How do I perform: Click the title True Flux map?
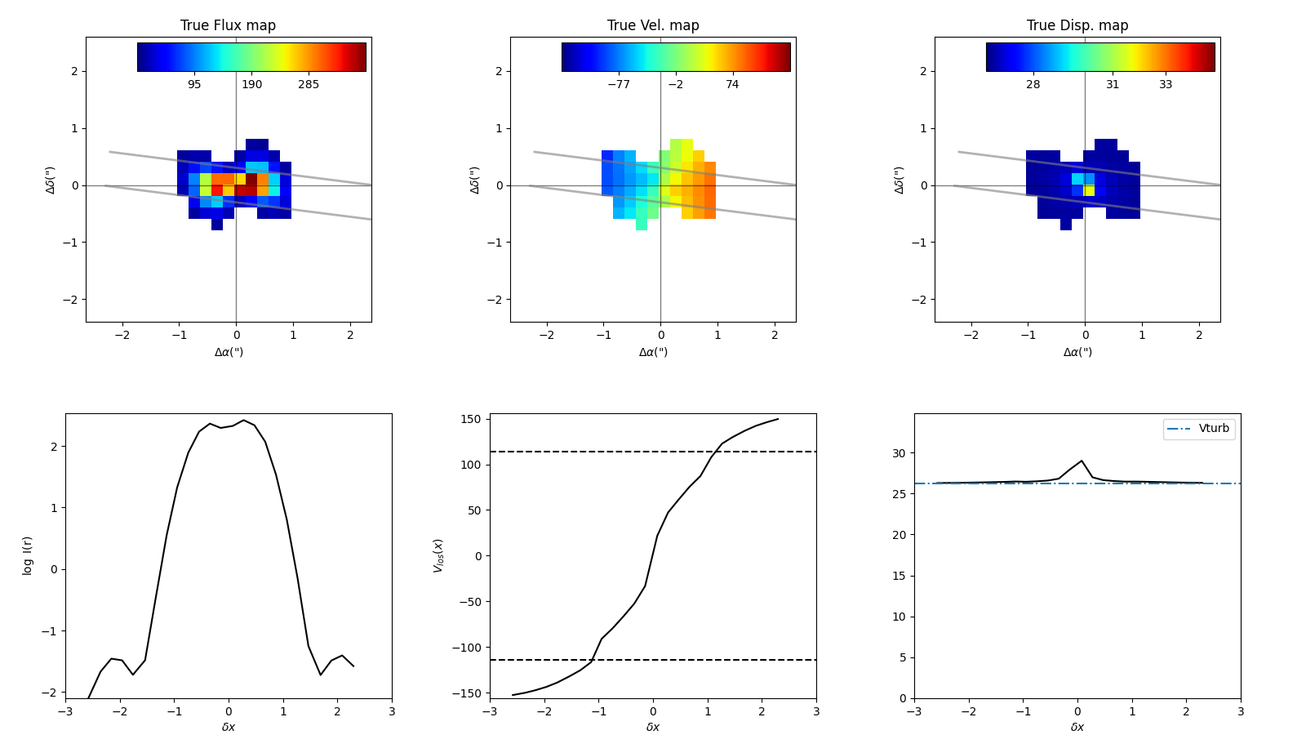tap(228, 25)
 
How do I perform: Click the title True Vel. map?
tap(653, 25)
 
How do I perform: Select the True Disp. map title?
tap(1077, 25)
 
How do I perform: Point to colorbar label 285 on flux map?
tap(309, 85)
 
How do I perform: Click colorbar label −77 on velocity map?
tap(619, 85)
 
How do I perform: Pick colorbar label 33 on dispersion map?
tap(1166, 85)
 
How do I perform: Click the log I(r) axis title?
tap(28, 555)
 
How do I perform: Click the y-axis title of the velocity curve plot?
tap(438, 555)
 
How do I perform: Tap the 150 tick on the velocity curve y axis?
tap(473, 420)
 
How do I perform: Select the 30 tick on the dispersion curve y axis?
tap(899, 453)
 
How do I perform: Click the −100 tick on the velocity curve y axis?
tap(469, 648)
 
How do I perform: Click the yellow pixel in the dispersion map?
tap(1089, 190)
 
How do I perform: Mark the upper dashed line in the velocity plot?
tap(653, 452)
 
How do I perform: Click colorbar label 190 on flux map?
tap(251, 85)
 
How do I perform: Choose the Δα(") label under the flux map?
tap(229, 352)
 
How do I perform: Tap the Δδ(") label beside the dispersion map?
tap(900, 180)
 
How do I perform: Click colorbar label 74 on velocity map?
tap(732, 85)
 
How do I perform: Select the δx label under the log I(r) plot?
tap(229, 727)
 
